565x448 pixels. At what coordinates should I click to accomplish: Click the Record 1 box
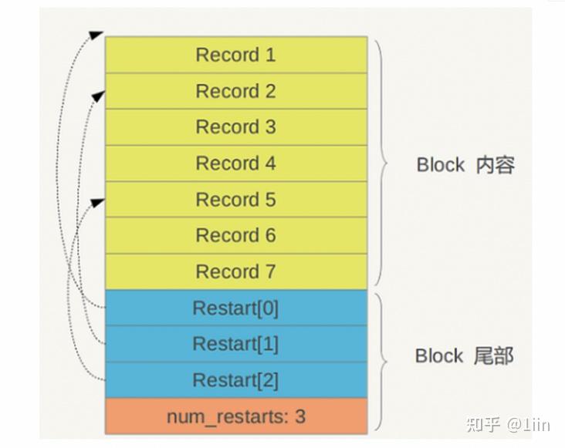click(235, 55)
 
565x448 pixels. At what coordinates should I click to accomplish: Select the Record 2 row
click(235, 91)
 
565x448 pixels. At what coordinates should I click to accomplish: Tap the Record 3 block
click(235, 127)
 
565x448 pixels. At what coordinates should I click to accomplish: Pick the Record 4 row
click(235, 163)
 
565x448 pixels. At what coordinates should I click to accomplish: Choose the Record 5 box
click(235, 200)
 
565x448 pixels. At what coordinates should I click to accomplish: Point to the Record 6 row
click(235, 235)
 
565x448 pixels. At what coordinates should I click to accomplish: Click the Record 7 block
click(235, 271)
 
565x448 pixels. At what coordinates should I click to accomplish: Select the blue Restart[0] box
click(235, 308)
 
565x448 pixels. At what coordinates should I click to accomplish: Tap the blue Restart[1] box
click(235, 344)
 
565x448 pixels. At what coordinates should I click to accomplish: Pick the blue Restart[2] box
click(235, 380)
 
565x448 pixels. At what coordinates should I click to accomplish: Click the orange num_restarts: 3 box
click(235, 416)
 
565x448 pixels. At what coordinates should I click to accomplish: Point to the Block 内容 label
click(465, 165)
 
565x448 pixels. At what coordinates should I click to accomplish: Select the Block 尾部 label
click(464, 355)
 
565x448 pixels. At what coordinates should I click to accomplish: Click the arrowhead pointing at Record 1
click(96, 35)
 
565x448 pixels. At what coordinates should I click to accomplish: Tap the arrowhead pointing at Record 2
click(97, 95)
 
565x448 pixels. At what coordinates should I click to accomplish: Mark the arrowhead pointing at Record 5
click(97, 202)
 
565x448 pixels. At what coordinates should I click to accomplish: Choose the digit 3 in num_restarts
click(299, 416)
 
